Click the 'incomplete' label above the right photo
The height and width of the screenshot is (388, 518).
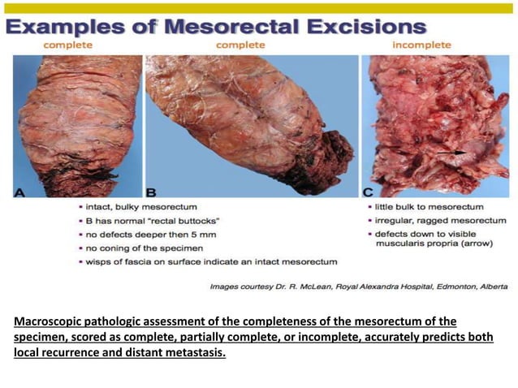(x=421, y=45)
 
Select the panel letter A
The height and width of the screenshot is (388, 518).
(x=19, y=192)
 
